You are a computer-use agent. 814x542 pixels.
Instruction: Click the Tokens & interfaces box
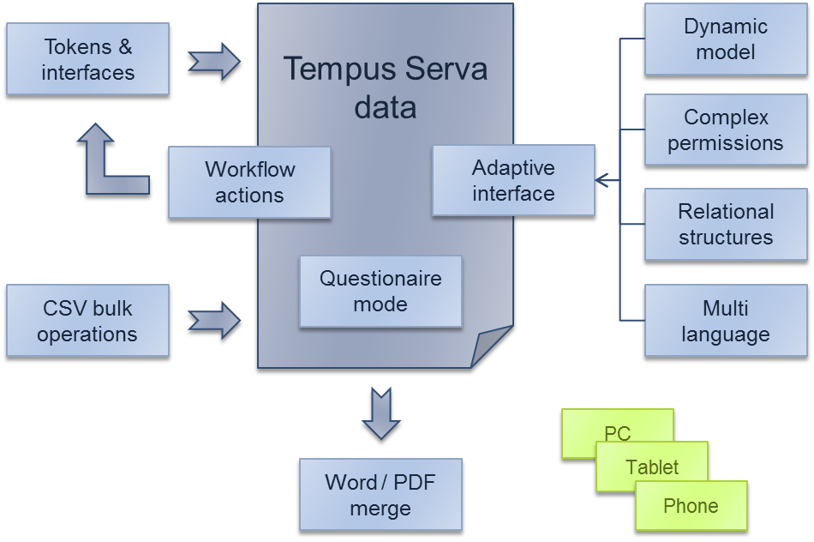(x=87, y=60)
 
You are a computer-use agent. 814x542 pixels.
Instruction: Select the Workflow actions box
(x=249, y=182)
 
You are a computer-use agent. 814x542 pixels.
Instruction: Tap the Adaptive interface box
(x=513, y=180)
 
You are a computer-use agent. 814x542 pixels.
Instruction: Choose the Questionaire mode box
(x=380, y=291)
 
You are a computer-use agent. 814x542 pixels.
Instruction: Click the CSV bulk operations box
(x=87, y=321)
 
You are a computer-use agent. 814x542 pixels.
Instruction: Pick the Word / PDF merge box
(x=380, y=495)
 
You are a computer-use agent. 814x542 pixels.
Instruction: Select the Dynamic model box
(x=725, y=39)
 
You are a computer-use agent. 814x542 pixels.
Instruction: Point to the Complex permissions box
(x=725, y=129)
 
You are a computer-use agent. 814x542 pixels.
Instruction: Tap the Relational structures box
(x=725, y=224)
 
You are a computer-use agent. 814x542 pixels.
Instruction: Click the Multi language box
(x=725, y=321)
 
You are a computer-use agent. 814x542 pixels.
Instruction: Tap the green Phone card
(x=691, y=505)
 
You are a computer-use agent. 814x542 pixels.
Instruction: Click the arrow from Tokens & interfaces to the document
(x=214, y=61)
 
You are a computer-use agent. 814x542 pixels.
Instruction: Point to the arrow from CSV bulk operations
(x=214, y=319)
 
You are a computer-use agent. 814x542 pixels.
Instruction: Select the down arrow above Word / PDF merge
(x=380, y=415)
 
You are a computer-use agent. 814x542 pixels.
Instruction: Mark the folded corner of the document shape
(x=492, y=347)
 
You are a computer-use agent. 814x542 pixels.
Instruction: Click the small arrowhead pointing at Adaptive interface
(x=603, y=180)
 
